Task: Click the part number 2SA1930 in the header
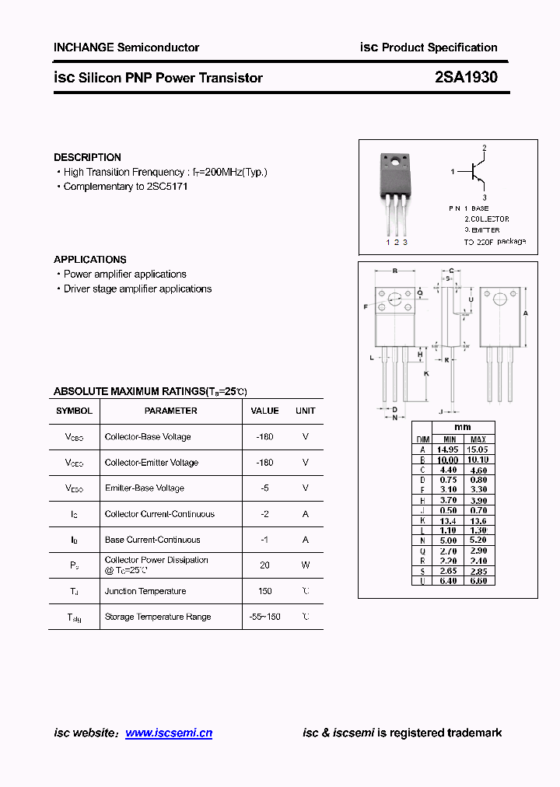click(466, 77)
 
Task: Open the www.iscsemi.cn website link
click(168, 733)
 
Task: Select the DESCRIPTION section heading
click(87, 157)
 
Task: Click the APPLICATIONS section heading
click(89, 259)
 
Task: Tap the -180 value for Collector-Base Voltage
click(264, 437)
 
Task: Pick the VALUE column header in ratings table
click(264, 411)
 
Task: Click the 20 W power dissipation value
click(264, 565)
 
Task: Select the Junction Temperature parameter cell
click(145, 591)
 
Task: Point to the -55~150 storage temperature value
click(264, 617)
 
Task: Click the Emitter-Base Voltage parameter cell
click(144, 488)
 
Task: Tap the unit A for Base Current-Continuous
click(306, 540)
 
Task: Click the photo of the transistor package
click(394, 194)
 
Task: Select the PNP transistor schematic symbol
click(476, 173)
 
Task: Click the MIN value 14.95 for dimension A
click(446, 449)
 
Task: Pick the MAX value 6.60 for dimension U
click(478, 581)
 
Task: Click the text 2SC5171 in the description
click(167, 187)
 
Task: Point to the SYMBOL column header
click(74, 411)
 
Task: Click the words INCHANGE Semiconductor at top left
click(126, 47)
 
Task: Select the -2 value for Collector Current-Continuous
click(264, 514)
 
